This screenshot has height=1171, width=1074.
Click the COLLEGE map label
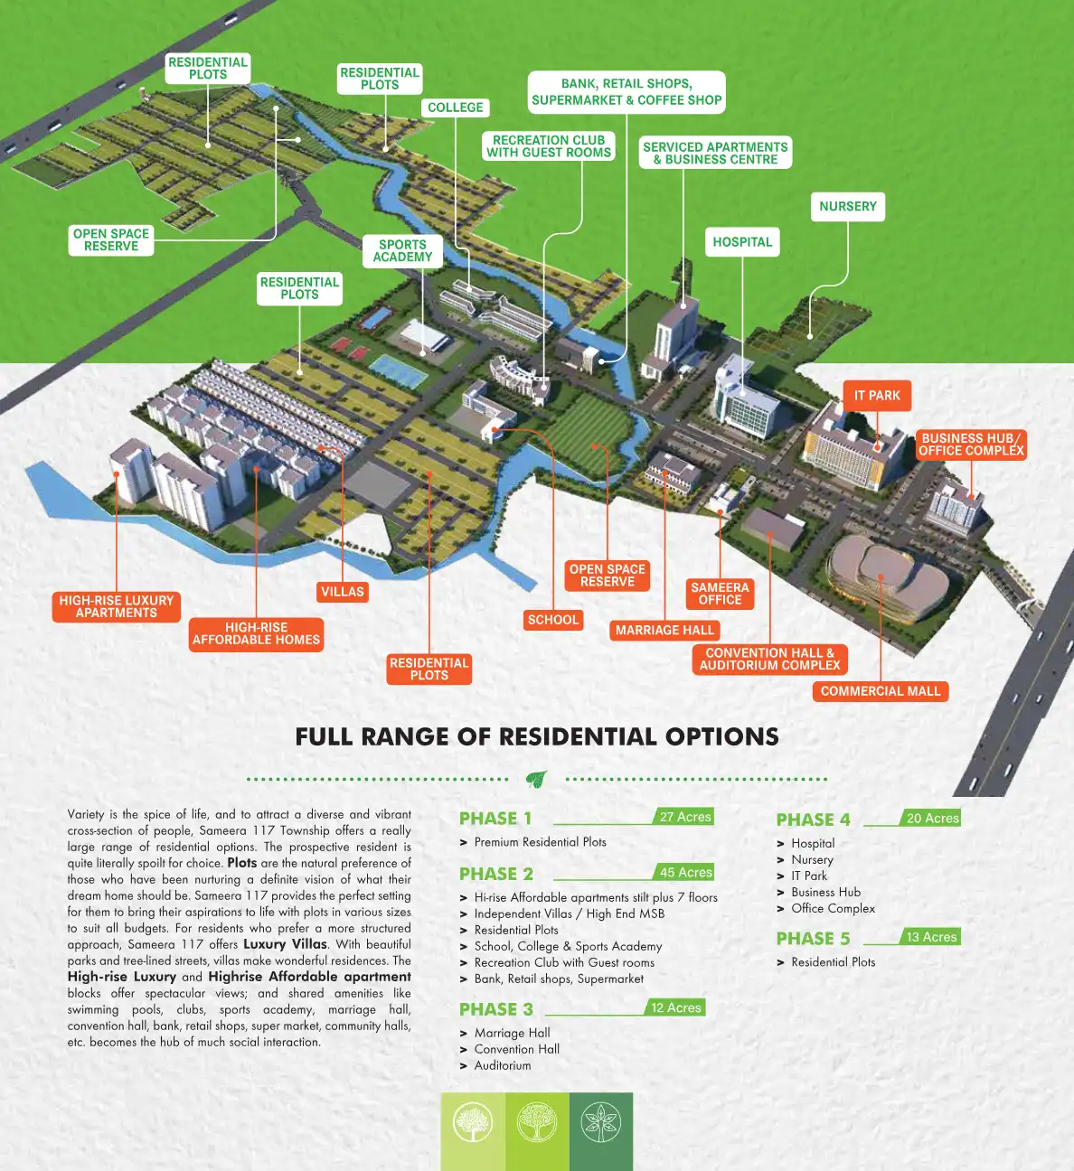pos(456,108)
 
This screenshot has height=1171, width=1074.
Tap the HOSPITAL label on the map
pos(742,242)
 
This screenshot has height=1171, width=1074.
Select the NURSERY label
pos(847,206)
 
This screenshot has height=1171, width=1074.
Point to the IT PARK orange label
pos(877,396)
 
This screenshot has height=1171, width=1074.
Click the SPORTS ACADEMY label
pos(402,250)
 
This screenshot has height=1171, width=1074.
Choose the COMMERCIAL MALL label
pos(880,691)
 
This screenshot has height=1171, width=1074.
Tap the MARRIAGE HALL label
pos(664,631)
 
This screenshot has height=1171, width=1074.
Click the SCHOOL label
pos(552,620)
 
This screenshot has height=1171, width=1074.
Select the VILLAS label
pos(342,592)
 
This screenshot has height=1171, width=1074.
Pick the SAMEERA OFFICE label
pos(720,594)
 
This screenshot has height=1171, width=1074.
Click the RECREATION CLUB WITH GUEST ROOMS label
pos(549,146)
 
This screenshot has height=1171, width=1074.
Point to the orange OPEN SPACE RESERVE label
pos(608,576)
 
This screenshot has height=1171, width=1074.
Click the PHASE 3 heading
pos(496,1009)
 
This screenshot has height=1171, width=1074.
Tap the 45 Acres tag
pos(685,872)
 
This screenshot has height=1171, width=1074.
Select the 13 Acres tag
pos(931,937)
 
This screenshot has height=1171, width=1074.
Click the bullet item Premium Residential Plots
pos(540,842)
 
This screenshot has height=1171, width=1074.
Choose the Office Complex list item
pos(833,908)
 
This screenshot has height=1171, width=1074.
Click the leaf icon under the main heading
pos(536,778)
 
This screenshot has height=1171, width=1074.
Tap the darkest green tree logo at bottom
pos(600,1123)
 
